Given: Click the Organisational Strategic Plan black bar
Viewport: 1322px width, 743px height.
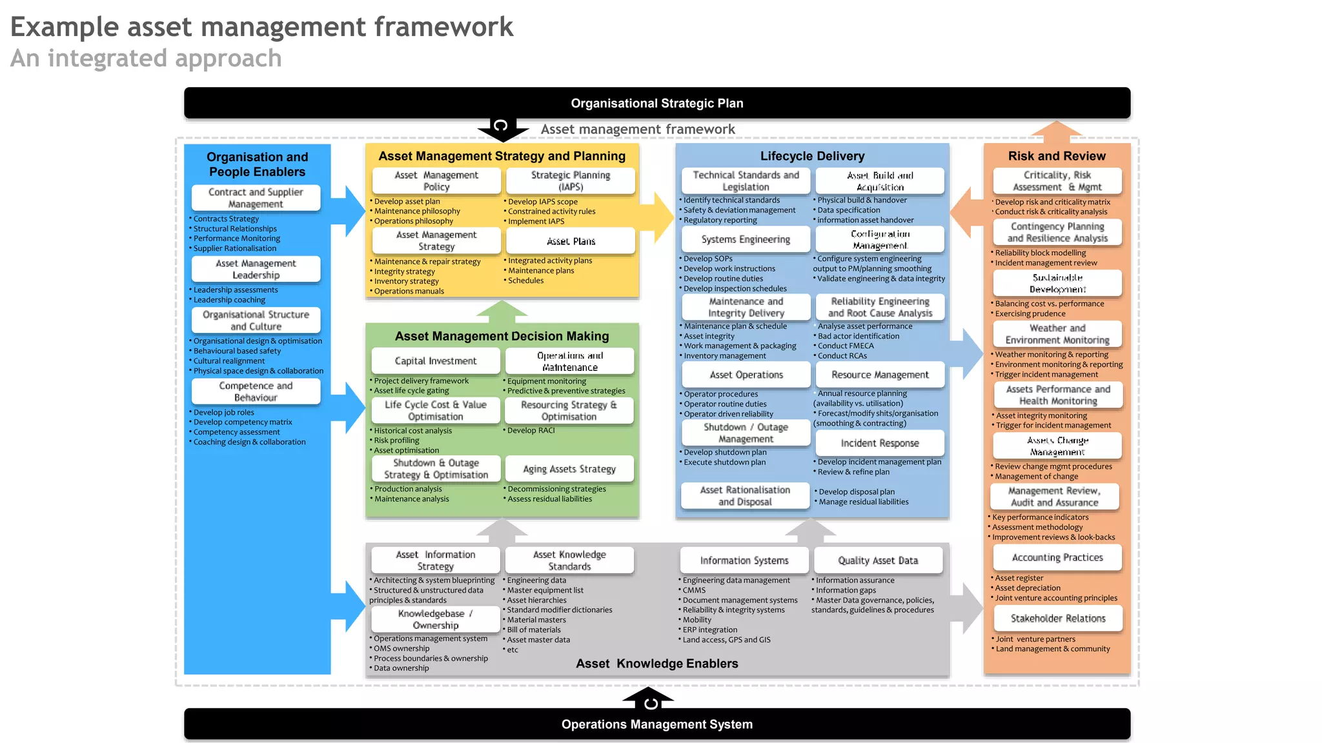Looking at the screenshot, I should click(x=656, y=103).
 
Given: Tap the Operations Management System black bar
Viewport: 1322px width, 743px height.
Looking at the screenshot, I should click(x=656, y=724).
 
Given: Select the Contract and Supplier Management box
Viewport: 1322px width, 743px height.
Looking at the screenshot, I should click(x=256, y=198).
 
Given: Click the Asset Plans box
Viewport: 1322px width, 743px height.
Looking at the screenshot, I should click(x=571, y=241).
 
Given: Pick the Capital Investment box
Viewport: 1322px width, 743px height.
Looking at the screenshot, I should click(x=436, y=361).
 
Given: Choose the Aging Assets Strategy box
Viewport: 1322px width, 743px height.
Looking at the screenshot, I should click(x=569, y=469).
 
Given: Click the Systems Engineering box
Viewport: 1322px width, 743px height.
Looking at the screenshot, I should click(x=746, y=239).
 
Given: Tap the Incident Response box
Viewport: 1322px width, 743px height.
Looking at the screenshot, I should click(x=879, y=443).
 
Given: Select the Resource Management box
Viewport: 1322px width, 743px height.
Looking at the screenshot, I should click(x=880, y=375).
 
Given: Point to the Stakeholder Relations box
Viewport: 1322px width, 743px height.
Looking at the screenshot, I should click(x=1057, y=619).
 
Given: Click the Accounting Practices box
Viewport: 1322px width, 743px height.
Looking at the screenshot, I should click(x=1057, y=557).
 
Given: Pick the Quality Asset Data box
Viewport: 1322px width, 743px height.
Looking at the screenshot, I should click(x=878, y=560).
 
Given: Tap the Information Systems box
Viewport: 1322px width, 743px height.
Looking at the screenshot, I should click(x=744, y=560).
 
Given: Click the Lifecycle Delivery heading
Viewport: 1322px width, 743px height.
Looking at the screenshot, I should click(x=812, y=156).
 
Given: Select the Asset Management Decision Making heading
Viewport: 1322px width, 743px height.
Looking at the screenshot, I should click(x=502, y=336).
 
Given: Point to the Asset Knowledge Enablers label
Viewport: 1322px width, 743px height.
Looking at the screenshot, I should click(x=656, y=664).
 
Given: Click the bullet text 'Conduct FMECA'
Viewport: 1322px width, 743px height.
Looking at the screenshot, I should click(x=846, y=346).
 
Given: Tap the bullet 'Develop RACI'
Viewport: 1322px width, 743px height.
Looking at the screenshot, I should click(x=531, y=430).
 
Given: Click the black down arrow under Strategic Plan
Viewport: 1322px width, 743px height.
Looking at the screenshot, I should click(x=502, y=129).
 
